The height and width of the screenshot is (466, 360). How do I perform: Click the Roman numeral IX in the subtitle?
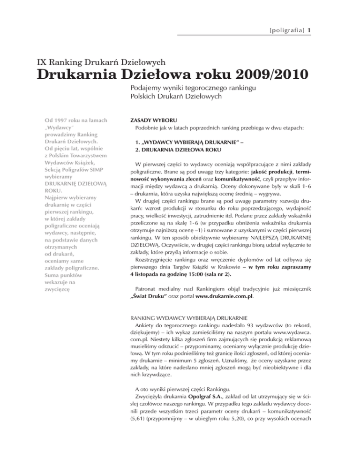[42, 61]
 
